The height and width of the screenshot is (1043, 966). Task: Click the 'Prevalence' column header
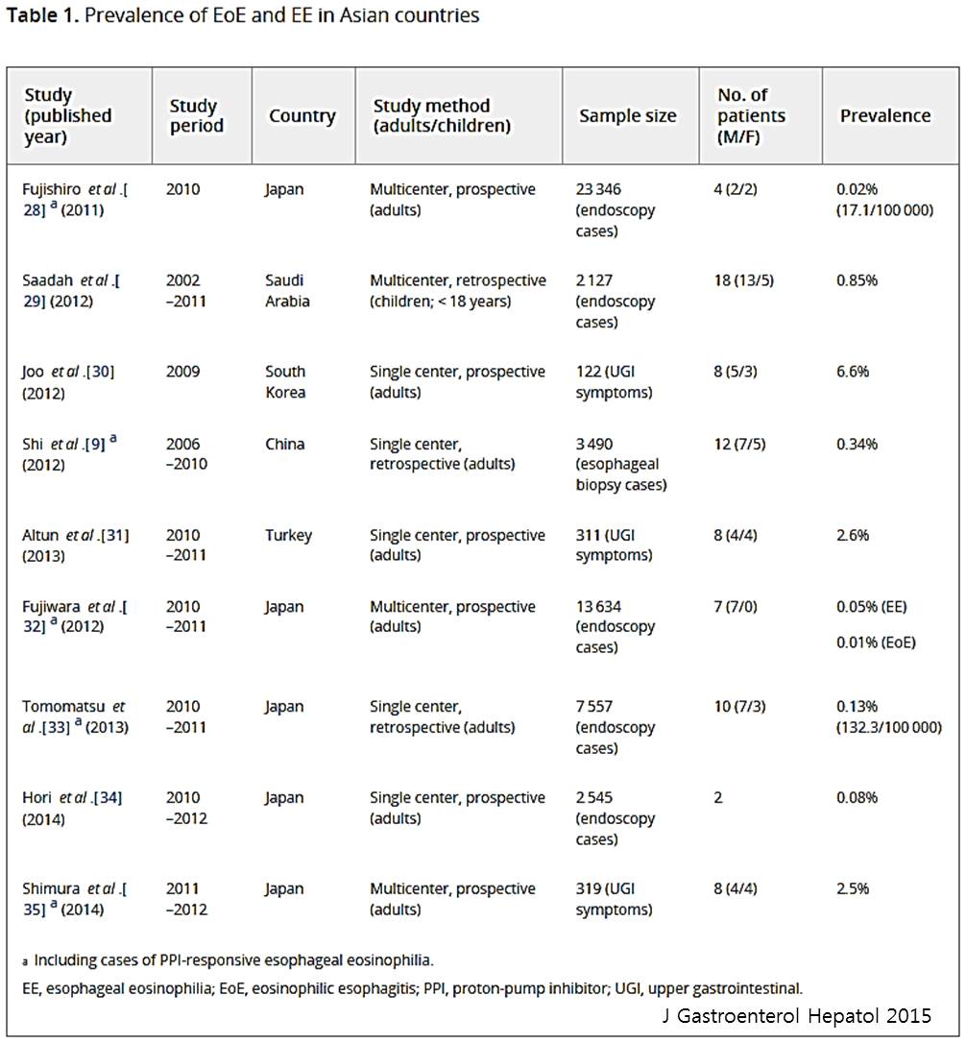tap(884, 116)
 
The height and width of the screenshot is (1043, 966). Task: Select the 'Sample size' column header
tap(627, 116)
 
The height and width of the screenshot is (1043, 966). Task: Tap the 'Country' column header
tap(302, 116)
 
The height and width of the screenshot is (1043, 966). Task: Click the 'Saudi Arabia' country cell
tap(287, 291)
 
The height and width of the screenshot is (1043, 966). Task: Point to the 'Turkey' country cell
tap(288, 536)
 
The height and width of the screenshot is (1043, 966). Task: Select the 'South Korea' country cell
tap(285, 382)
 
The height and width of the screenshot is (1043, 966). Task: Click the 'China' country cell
tap(285, 444)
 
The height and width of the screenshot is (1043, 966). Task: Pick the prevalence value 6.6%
tap(853, 371)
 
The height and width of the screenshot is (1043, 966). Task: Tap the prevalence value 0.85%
tap(857, 280)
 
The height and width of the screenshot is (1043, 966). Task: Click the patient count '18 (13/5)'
tap(744, 280)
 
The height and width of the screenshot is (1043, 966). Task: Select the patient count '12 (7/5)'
tap(739, 445)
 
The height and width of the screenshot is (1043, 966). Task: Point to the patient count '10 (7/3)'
tap(739, 707)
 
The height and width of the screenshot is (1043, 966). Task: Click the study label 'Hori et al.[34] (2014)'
tap(72, 809)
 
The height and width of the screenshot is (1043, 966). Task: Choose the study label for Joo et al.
tap(68, 382)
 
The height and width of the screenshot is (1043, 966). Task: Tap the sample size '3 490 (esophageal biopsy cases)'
tap(621, 464)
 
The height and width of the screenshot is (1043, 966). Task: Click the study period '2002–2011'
tap(186, 291)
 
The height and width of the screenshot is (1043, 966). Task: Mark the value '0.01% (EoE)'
tap(876, 643)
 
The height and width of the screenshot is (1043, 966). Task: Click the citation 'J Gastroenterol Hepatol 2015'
tap(796, 1016)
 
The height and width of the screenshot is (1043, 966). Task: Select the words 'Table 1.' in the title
tap(43, 15)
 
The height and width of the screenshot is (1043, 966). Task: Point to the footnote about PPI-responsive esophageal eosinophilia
tap(228, 960)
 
